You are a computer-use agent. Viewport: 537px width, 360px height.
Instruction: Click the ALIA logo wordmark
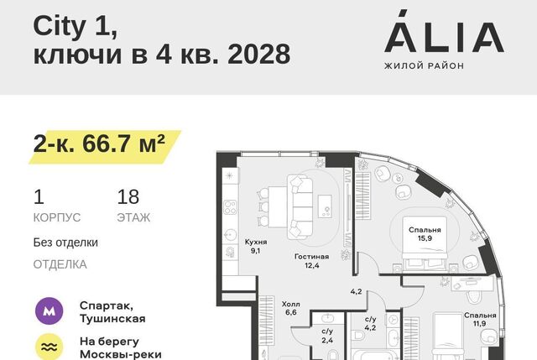pyautogui.click(x=444, y=32)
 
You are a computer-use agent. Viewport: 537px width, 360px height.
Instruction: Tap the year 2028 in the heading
pyautogui.click(x=258, y=54)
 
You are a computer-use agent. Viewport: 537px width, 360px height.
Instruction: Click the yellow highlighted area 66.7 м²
pyautogui.click(x=104, y=146)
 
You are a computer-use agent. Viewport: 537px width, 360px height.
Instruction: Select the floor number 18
pyautogui.click(x=128, y=197)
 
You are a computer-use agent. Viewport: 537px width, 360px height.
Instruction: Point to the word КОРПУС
pyautogui.click(x=57, y=217)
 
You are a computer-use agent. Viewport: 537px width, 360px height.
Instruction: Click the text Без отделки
pyautogui.click(x=65, y=243)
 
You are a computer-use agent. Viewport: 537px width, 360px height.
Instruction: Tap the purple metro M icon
pyautogui.click(x=50, y=310)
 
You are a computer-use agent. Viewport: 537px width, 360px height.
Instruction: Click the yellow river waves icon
pyautogui.click(x=50, y=347)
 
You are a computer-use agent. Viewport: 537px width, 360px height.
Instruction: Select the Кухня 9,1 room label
pyautogui.click(x=255, y=246)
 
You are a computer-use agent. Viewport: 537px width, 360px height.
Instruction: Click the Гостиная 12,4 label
pyautogui.click(x=311, y=261)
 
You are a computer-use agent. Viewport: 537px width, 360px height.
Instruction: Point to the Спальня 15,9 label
pyautogui.click(x=425, y=234)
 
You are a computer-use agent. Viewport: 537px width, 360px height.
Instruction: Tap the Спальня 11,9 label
pyautogui.click(x=480, y=319)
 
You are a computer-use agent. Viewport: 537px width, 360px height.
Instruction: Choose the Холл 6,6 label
pyautogui.click(x=291, y=308)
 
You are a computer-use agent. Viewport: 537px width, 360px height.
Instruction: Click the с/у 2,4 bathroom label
pyautogui.click(x=327, y=336)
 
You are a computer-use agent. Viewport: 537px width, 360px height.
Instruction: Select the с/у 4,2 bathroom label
pyautogui.click(x=370, y=323)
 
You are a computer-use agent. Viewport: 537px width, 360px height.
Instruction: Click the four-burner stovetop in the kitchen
pyautogui.click(x=230, y=207)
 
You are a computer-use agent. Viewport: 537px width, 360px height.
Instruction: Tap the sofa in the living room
pyautogui.click(x=300, y=207)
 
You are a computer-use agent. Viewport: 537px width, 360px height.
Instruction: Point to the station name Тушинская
pyautogui.click(x=112, y=319)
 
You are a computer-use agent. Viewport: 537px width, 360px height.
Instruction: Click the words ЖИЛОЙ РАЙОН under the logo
pyautogui.click(x=424, y=65)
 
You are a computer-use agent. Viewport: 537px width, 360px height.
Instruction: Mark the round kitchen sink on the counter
pyautogui.click(x=230, y=235)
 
